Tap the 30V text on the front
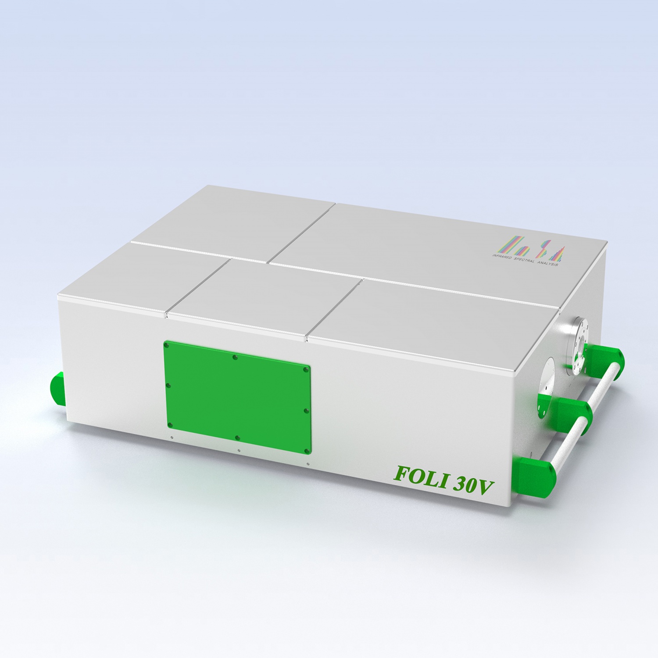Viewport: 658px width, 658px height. click(x=473, y=485)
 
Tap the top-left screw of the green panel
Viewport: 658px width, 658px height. click(x=166, y=346)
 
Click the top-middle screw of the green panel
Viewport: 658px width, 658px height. click(x=235, y=357)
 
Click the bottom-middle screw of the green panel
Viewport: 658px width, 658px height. click(x=237, y=438)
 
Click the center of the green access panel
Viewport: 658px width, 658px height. click(x=237, y=397)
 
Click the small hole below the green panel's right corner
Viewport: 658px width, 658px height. click(x=308, y=464)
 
